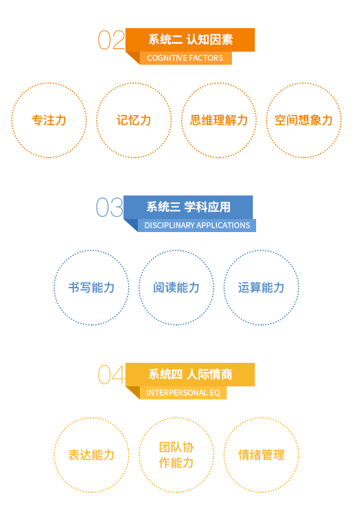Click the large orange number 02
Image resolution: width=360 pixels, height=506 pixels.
[x=111, y=40]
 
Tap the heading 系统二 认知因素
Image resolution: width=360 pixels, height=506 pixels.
[x=190, y=40]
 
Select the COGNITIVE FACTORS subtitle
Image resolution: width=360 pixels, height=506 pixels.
[x=185, y=58]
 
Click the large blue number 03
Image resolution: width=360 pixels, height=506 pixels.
[x=110, y=207]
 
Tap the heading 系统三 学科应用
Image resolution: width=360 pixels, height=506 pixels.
[x=188, y=207]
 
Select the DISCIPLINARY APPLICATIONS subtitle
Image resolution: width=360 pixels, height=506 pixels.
[x=197, y=226]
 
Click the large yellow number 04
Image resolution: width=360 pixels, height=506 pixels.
[x=112, y=375]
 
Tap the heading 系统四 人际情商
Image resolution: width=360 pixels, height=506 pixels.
[x=190, y=375]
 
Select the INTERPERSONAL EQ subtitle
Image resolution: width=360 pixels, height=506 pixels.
[x=183, y=393]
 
